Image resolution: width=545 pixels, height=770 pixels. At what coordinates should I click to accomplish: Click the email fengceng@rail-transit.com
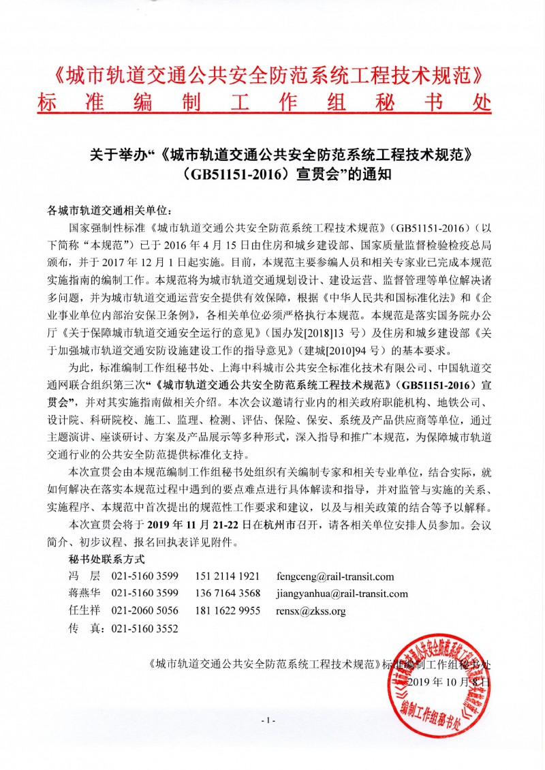(x=334, y=576)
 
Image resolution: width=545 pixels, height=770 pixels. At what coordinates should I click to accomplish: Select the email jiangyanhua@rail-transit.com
(x=342, y=594)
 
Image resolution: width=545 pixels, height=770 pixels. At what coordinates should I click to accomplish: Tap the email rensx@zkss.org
(x=311, y=611)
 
